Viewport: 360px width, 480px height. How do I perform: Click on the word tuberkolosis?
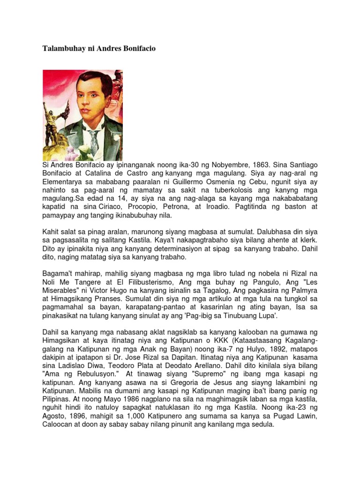click(x=239, y=191)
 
